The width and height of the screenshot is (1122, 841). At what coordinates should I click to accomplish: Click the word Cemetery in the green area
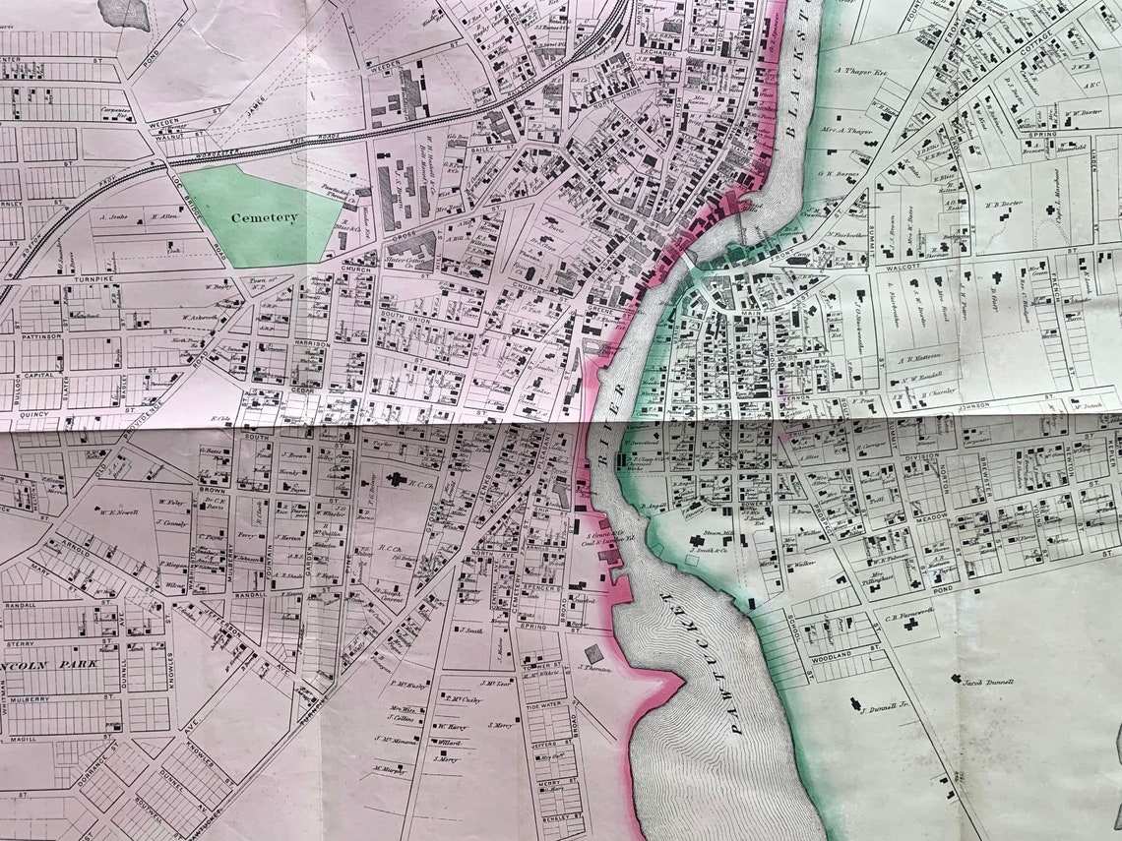pos(264,217)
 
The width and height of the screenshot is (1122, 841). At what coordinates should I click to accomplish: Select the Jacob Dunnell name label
pos(988,681)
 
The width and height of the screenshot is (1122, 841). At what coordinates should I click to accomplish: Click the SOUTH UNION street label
pos(405,315)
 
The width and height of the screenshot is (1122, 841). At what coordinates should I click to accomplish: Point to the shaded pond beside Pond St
pos(124,12)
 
